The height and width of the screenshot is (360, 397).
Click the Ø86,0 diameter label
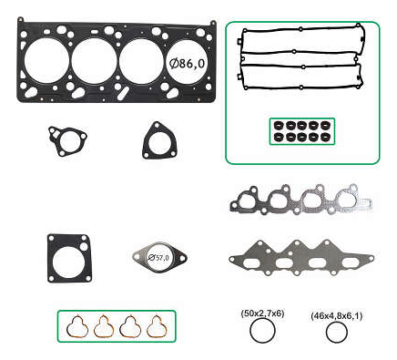point(187,64)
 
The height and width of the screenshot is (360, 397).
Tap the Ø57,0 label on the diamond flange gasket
point(158,258)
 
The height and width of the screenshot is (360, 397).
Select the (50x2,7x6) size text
point(263,314)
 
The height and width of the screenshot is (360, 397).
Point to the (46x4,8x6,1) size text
point(337,316)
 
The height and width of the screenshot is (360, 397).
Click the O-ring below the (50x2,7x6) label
point(250,331)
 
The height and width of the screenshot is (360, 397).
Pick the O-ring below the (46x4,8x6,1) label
point(327,332)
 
